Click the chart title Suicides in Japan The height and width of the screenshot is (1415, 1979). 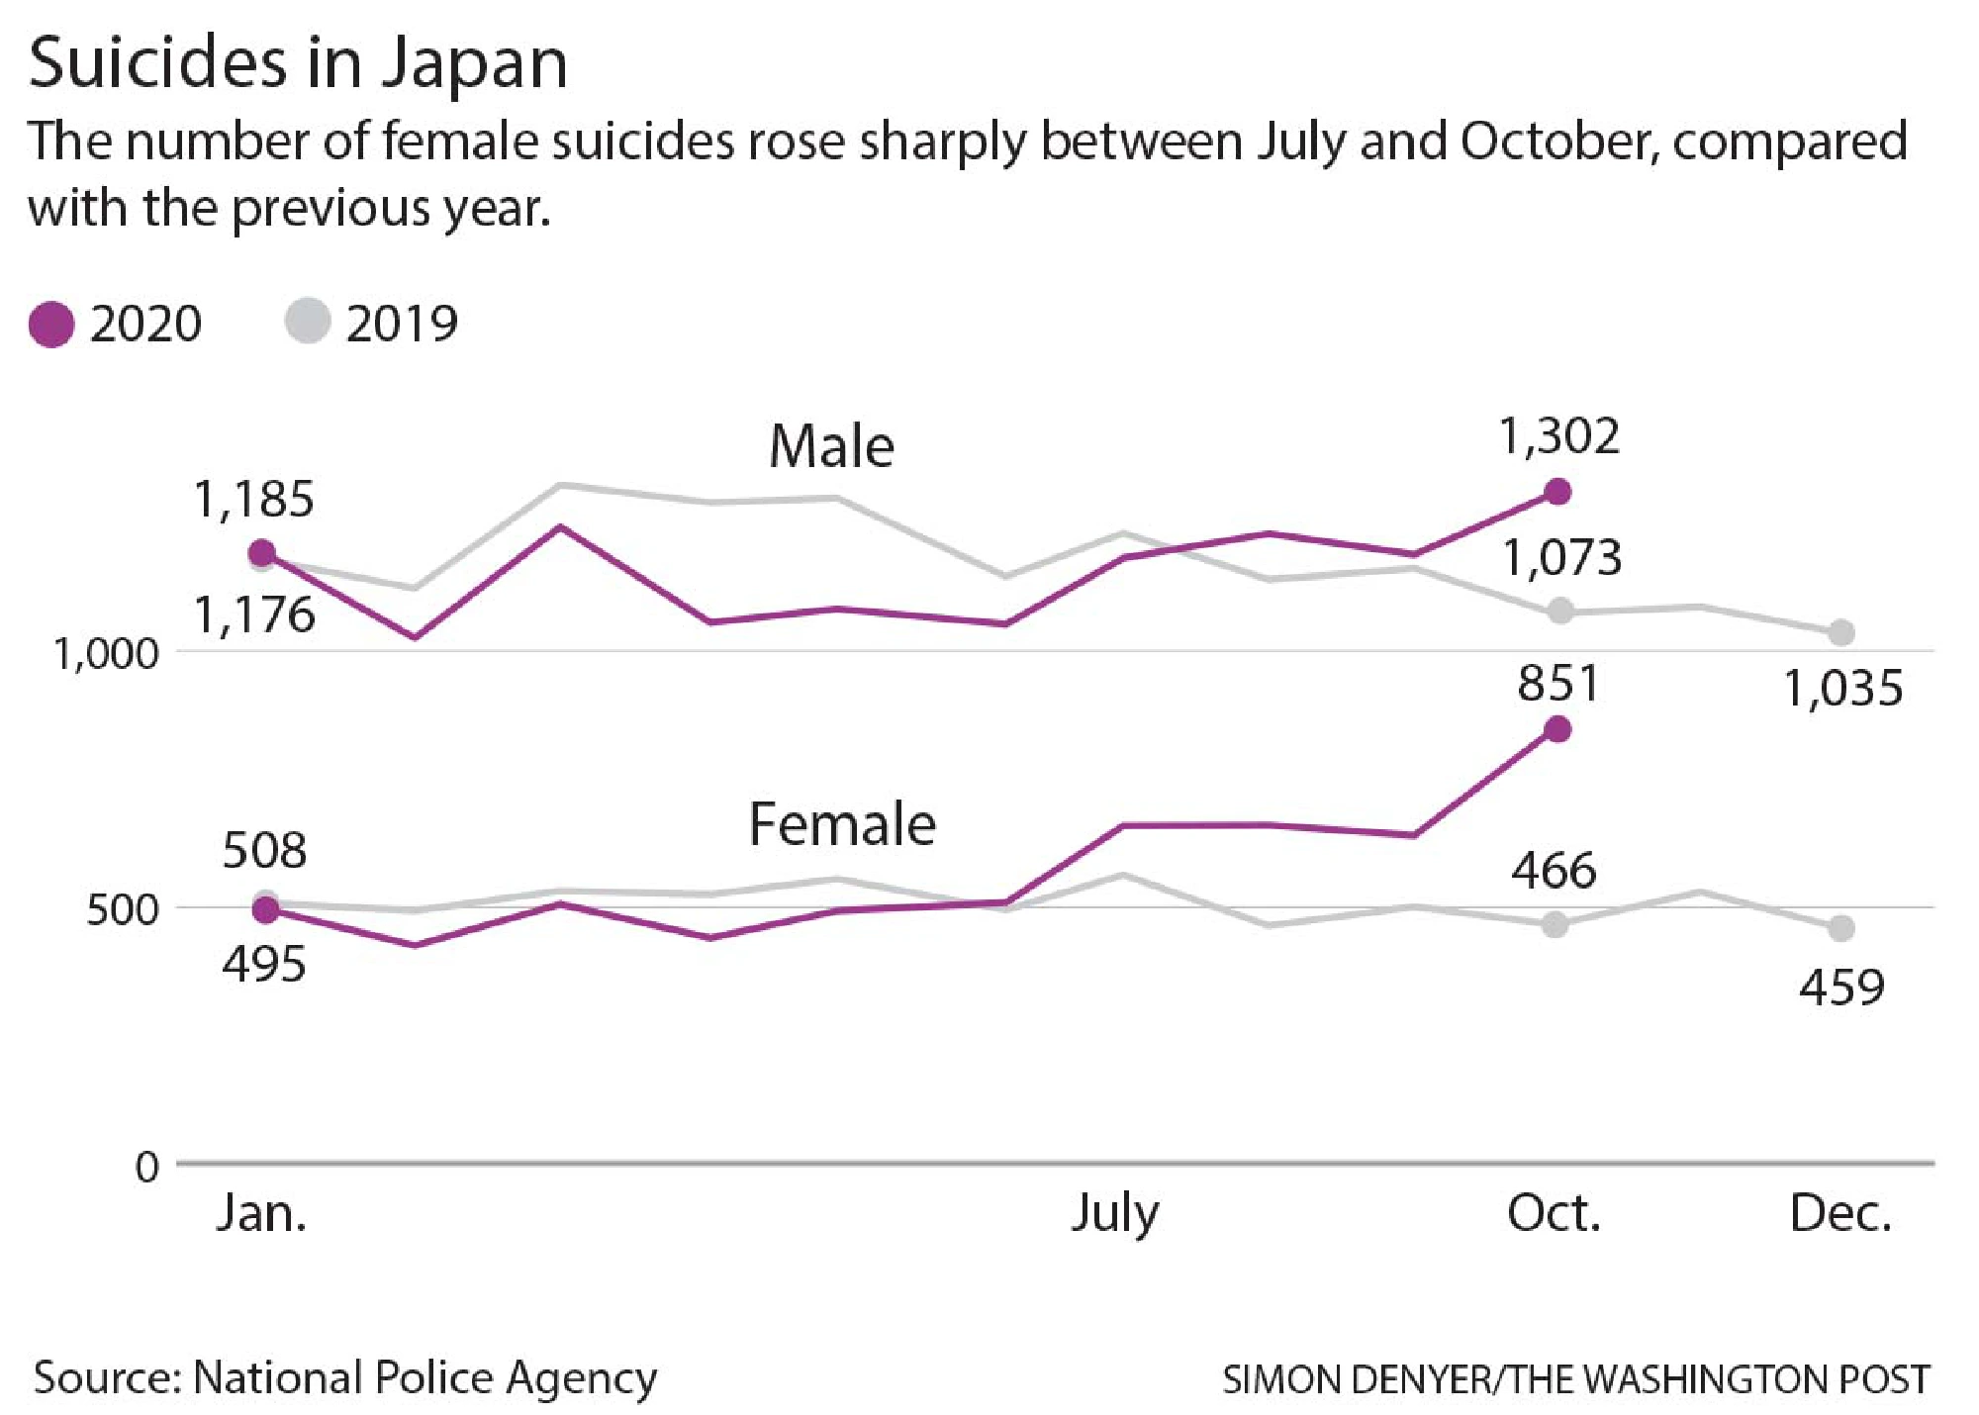(x=298, y=63)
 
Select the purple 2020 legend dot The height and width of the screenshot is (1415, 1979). (x=51, y=325)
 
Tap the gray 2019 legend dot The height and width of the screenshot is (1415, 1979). (x=307, y=322)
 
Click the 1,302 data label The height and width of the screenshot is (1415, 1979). (x=1558, y=436)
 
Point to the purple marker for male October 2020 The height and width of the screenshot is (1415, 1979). (x=1557, y=491)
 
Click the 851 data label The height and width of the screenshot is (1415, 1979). (x=1558, y=684)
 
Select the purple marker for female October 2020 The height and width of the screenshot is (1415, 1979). (x=1557, y=729)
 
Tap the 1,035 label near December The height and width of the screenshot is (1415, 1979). (x=1841, y=689)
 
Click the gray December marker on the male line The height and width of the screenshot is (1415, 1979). (x=1840, y=631)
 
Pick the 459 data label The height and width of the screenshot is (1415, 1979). (x=1841, y=988)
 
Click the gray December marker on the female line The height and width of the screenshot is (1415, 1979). (x=1840, y=928)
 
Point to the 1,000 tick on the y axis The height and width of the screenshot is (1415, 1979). (x=106, y=655)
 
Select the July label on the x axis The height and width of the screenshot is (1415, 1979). (x=1114, y=1213)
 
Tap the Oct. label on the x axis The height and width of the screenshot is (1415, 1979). (x=1554, y=1213)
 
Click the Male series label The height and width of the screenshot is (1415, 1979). (x=831, y=446)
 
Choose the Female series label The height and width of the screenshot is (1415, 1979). (x=841, y=824)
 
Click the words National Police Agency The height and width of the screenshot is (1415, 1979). (x=424, y=1377)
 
